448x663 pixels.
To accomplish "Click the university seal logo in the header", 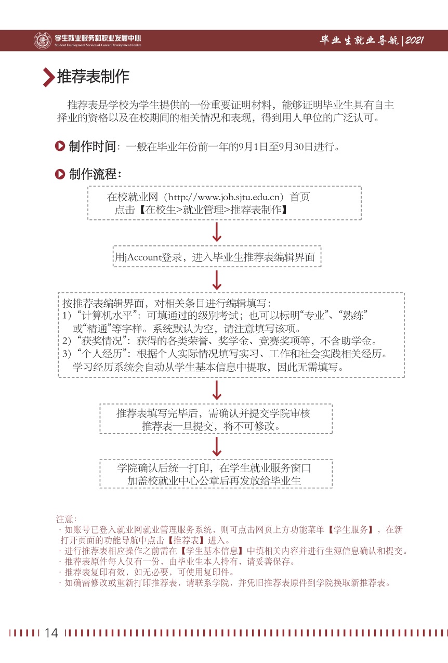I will tap(42, 40).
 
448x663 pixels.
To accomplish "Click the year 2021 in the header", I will tap(415, 41).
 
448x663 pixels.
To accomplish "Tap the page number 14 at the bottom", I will tap(51, 632).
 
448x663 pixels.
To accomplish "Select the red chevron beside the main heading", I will tap(48, 77).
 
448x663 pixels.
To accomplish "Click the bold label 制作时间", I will tap(92, 147).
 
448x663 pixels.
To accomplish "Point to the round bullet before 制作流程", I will tap(60, 174).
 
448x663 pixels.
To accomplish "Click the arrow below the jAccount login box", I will tap(217, 280).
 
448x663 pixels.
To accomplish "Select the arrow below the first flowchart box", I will tap(217, 232).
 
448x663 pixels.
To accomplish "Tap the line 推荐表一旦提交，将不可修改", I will tap(215, 426).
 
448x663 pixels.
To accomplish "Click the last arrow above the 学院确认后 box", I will tap(217, 446).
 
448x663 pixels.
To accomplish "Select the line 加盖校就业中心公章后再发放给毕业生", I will tap(214, 480).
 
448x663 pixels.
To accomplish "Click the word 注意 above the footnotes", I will tap(65, 518).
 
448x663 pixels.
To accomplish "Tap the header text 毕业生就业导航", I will tap(359, 41).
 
